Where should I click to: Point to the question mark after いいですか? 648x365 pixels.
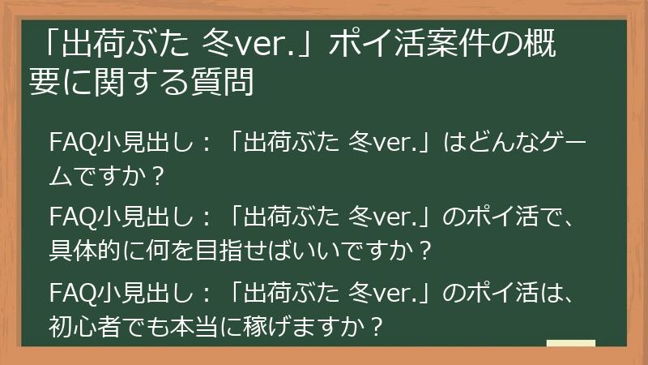point(421,249)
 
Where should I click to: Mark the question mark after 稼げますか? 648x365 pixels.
point(374,324)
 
